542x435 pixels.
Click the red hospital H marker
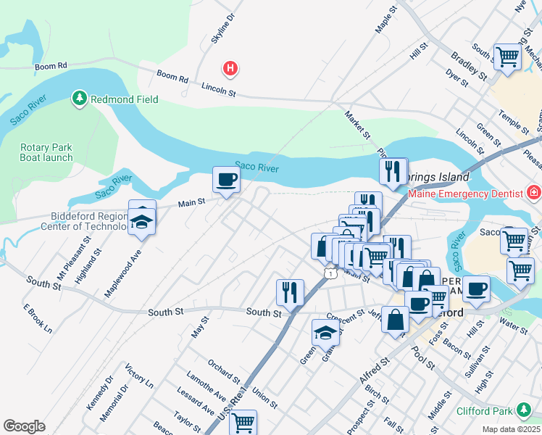(x=230, y=69)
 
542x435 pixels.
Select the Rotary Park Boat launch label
(x=46, y=152)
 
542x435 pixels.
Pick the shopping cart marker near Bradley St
(x=507, y=57)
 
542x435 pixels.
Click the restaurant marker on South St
(x=290, y=293)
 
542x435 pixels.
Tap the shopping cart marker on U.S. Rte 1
(x=243, y=422)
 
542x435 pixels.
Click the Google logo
(x=24, y=426)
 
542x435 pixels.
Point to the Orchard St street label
(x=223, y=370)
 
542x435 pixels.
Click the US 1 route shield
(x=330, y=273)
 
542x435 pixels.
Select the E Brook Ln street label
(x=38, y=319)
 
